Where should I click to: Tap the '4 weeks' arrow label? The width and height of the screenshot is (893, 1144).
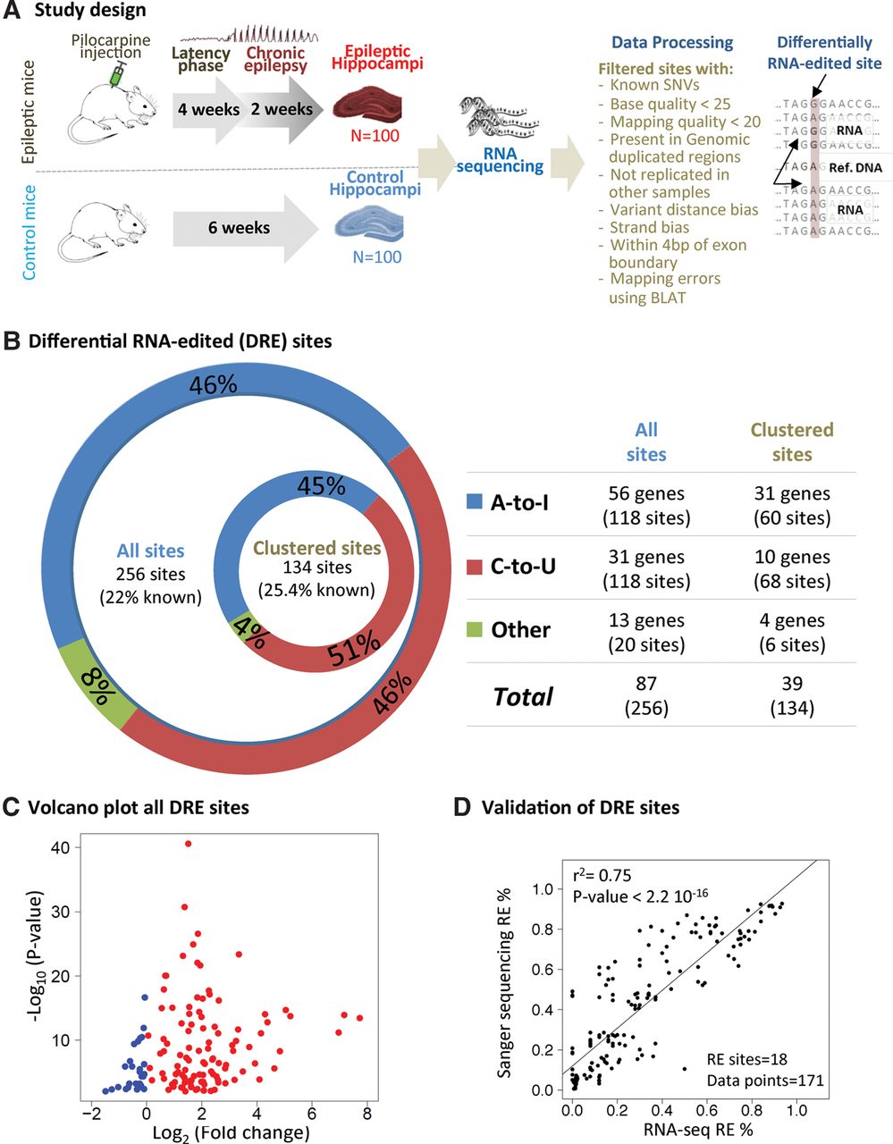(208, 110)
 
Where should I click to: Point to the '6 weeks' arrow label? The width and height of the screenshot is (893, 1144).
(239, 228)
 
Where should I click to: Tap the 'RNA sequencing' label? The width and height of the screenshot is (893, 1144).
(500, 159)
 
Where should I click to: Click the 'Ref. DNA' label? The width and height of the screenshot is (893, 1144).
(855, 167)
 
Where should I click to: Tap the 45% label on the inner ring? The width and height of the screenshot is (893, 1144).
(322, 485)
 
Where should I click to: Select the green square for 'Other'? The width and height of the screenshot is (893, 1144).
(476, 630)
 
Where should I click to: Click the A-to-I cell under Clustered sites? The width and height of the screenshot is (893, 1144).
(791, 505)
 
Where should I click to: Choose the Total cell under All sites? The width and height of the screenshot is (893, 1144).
(646, 695)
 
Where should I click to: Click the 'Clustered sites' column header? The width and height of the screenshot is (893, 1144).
(791, 442)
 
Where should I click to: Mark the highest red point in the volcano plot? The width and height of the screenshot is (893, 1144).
(188, 843)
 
